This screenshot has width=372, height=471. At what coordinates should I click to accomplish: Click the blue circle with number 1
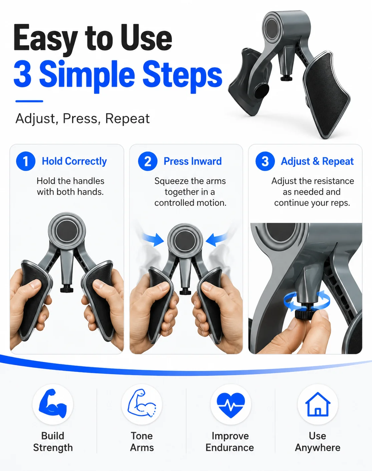pyautogui.click(x=26, y=161)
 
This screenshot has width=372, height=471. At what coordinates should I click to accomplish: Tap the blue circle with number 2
pyautogui.click(x=148, y=161)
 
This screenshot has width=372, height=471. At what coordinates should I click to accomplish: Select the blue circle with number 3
pyautogui.click(x=265, y=161)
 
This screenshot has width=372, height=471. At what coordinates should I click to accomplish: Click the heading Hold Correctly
pyautogui.click(x=74, y=161)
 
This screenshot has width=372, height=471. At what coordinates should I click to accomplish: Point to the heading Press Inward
pyautogui.click(x=193, y=161)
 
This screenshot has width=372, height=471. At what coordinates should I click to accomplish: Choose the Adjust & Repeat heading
pyautogui.click(x=317, y=161)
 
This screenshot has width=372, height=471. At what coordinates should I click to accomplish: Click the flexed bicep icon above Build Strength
pyautogui.click(x=53, y=403)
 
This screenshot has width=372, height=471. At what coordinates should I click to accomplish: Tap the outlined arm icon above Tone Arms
pyautogui.click(x=142, y=403)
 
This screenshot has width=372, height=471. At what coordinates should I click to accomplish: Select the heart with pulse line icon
pyautogui.click(x=231, y=405)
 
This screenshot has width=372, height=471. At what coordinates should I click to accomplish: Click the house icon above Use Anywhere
pyautogui.click(x=318, y=404)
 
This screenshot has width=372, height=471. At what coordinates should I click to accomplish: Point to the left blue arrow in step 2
pyautogui.click(x=153, y=240)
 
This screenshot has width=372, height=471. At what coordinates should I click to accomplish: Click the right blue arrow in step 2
pyautogui.click(x=217, y=240)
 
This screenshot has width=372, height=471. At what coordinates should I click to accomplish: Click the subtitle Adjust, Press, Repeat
pyautogui.click(x=82, y=119)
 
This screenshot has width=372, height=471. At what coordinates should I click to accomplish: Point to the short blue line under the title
pyautogui.click(x=29, y=101)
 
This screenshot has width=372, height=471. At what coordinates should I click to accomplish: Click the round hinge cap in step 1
pyautogui.click(x=67, y=231)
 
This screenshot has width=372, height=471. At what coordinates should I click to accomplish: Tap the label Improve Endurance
pyautogui.click(x=230, y=442)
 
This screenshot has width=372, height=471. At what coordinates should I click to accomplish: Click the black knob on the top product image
pyautogui.click(x=286, y=78)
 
